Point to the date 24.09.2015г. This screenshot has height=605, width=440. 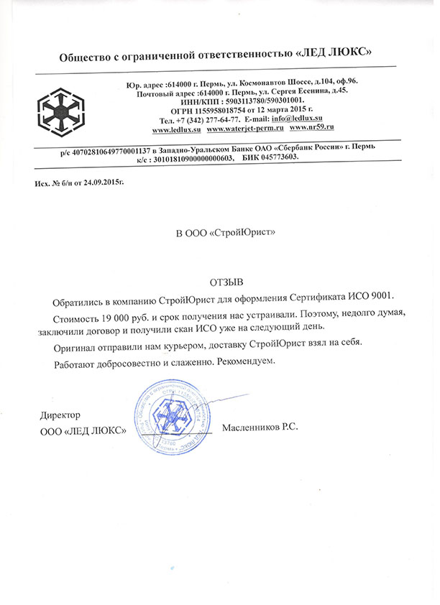coord(99,184)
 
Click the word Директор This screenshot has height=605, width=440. coord(60,415)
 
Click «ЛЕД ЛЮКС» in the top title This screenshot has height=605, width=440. coord(336,55)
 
